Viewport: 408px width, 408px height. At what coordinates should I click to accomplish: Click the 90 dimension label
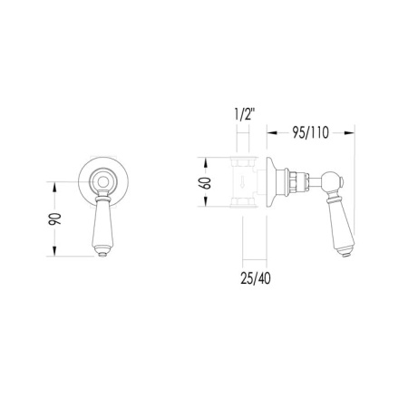(54, 219)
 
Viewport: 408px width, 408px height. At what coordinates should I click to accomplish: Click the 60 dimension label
(205, 183)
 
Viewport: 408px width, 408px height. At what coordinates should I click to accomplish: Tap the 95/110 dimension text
(310, 132)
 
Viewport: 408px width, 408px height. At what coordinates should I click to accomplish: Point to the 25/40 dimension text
(256, 278)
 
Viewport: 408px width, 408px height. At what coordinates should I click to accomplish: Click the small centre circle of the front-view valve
(103, 182)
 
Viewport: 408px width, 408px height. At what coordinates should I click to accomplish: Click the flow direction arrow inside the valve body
(242, 183)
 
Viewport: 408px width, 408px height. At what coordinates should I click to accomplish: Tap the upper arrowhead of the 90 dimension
(54, 187)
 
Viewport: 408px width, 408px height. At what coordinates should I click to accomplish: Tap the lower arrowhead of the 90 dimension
(54, 251)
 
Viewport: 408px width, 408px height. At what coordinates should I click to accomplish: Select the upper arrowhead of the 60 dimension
(206, 162)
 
